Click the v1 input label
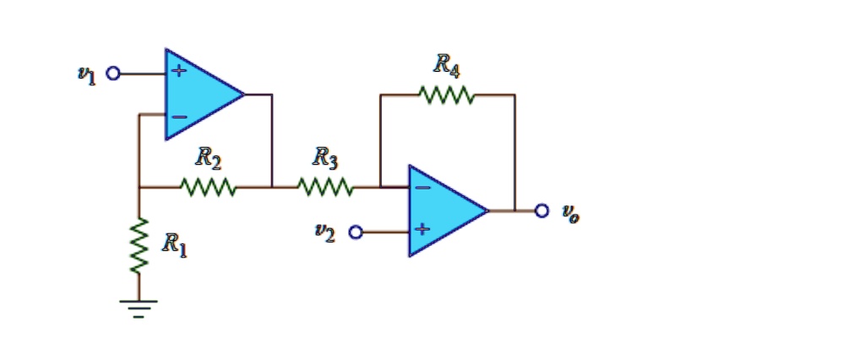(x=84, y=75)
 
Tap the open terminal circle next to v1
(x=112, y=74)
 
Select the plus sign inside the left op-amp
(x=178, y=72)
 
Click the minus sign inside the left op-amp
(x=178, y=117)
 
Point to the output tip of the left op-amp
(x=244, y=95)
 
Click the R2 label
(x=208, y=157)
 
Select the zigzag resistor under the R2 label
(x=208, y=186)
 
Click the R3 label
(x=325, y=157)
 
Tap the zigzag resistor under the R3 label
(x=325, y=186)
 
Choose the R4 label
(x=447, y=64)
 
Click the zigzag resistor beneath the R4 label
(x=447, y=95)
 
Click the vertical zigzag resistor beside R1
(x=139, y=245)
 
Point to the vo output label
(x=570, y=213)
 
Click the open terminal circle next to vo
(x=542, y=210)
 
